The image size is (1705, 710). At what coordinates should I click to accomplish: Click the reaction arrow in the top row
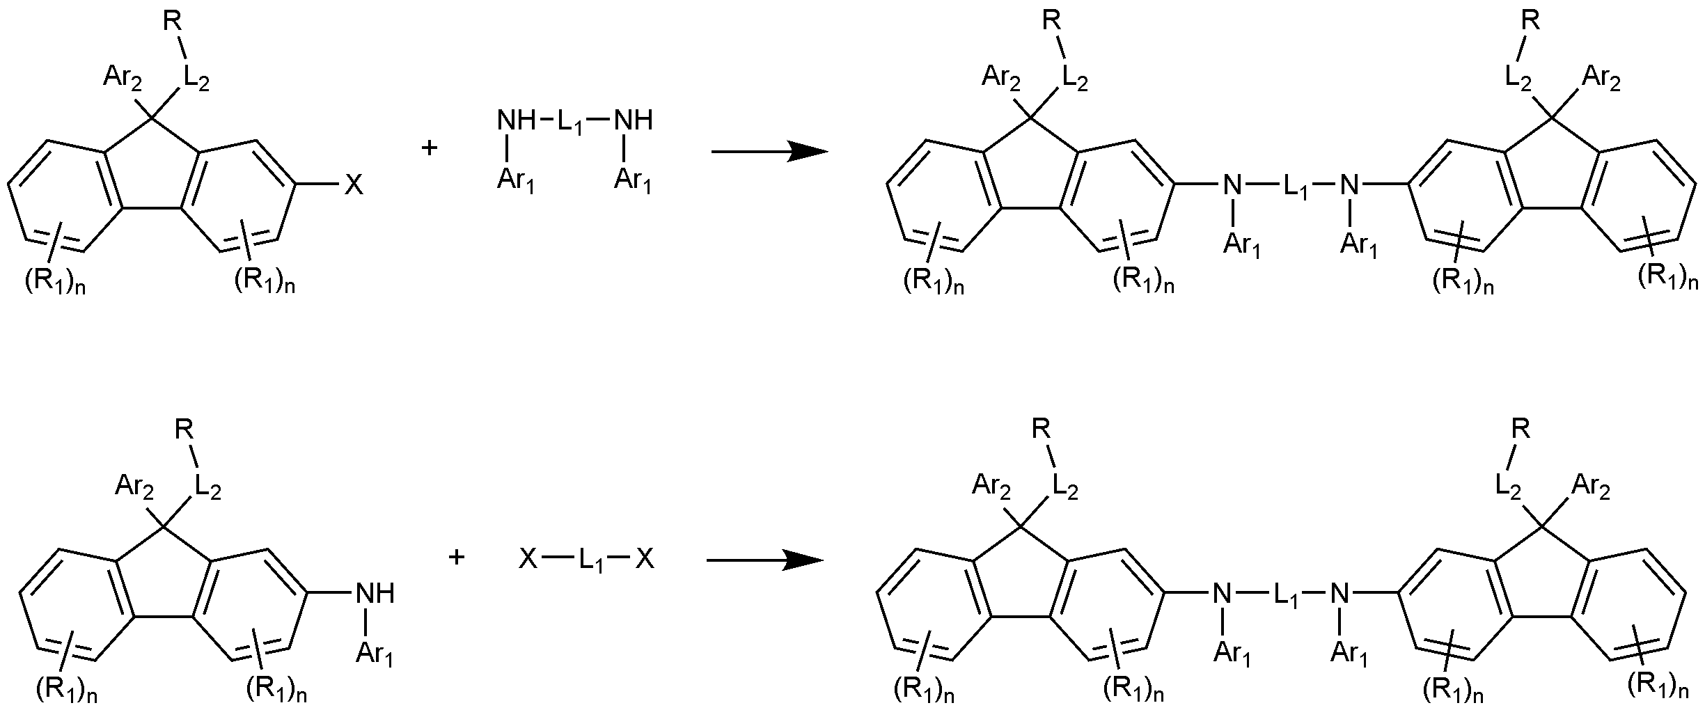tap(769, 151)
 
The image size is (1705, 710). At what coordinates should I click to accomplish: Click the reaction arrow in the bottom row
tap(765, 560)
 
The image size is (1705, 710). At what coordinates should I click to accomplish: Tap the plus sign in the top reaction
tap(430, 148)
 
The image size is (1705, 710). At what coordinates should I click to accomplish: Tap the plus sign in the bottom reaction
tap(457, 557)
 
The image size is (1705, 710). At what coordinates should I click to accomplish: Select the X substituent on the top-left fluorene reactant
tap(354, 185)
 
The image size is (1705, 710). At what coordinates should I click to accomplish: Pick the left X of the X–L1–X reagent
tap(528, 559)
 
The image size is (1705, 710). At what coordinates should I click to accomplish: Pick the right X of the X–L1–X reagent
tap(645, 559)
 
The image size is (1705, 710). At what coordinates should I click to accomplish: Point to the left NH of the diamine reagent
tap(517, 121)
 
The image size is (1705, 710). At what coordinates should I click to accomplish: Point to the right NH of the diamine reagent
tap(634, 121)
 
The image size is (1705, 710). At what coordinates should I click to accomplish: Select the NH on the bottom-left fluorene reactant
tap(376, 594)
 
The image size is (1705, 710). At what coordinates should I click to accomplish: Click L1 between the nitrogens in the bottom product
tap(1287, 596)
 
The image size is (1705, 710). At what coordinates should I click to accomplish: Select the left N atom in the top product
tap(1232, 185)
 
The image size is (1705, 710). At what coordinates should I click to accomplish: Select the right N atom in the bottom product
tap(1339, 594)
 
